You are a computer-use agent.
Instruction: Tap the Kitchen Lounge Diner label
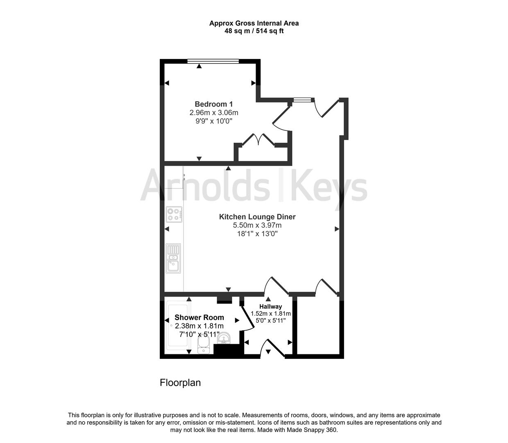point(257,217)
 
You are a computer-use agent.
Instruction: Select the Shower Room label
point(199,317)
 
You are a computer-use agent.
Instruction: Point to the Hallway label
point(270,306)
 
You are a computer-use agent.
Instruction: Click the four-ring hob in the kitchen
point(174,215)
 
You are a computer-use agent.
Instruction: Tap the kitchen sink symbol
point(173,258)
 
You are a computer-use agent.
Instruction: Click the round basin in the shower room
point(224,338)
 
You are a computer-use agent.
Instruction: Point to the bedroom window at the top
point(213,62)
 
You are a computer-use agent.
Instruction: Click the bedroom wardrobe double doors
point(258,140)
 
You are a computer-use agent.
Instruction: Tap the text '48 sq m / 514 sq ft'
point(254,31)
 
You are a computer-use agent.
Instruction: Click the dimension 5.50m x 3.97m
point(257,225)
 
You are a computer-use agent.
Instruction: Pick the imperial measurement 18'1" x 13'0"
point(257,234)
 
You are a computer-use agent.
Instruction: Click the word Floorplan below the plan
point(180,383)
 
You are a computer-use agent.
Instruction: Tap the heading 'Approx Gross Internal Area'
point(254,23)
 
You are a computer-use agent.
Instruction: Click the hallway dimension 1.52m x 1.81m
point(270,313)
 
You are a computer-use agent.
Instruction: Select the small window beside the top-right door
point(302,99)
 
